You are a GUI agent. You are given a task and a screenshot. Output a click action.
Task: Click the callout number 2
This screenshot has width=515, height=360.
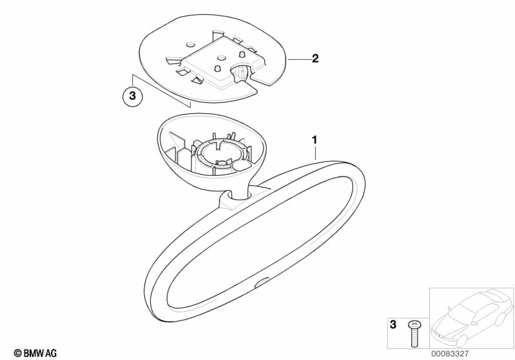pos(315,59)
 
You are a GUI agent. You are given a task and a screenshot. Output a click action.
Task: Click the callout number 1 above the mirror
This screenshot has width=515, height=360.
pos(315,140)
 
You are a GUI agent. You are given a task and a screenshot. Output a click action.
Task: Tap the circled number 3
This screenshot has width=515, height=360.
pos(132,96)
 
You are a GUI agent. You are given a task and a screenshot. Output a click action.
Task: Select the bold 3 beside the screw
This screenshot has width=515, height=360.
pos(393,325)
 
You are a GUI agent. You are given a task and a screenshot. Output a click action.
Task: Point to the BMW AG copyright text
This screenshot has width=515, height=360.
pos(35,353)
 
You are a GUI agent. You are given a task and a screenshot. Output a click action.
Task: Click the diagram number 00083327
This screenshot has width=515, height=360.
pos(450,354)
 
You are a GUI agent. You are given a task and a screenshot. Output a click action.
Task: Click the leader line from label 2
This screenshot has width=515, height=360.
pos(299,59)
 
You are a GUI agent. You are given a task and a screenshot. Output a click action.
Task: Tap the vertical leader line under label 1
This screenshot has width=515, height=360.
pos(315,153)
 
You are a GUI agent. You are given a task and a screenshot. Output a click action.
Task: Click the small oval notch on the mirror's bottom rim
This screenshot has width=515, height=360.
pos(262,283)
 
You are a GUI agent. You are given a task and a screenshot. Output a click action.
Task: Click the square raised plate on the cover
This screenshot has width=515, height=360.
pos(224,62)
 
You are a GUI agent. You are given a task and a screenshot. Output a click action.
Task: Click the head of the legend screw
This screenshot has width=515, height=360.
pos(414,325)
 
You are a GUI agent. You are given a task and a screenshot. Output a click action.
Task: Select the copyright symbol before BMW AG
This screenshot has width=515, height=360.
pos(18,354)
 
